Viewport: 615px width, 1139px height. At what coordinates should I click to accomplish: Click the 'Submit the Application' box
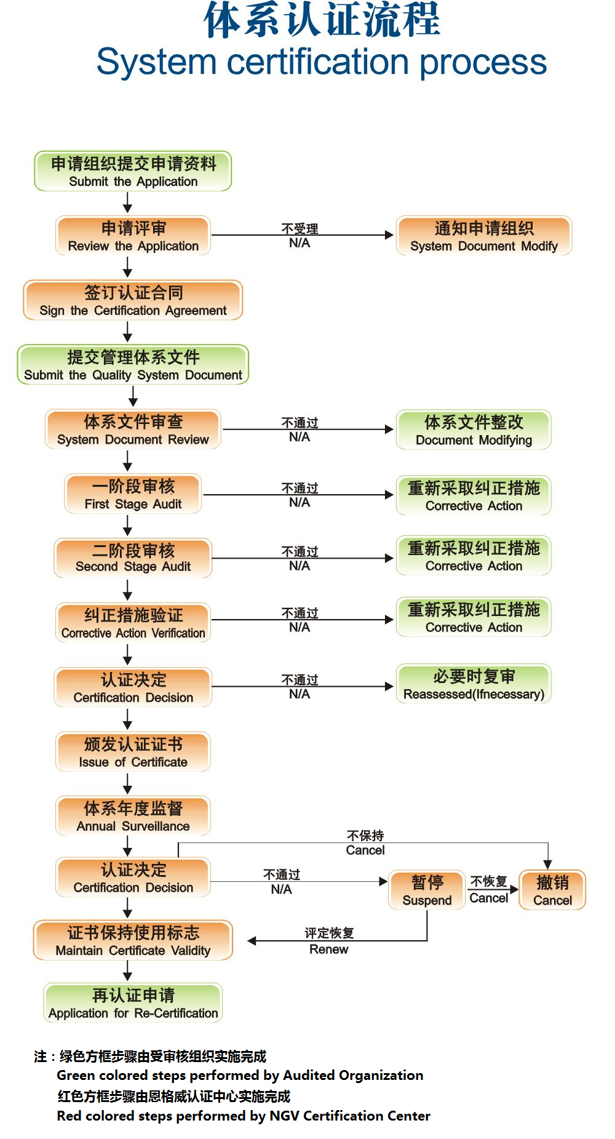(x=133, y=172)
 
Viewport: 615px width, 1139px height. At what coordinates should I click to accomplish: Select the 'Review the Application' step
(x=133, y=236)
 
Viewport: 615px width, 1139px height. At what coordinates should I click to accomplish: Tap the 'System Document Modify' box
(x=484, y=236)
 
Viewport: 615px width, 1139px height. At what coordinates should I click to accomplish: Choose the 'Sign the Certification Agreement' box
(x=133, y=301)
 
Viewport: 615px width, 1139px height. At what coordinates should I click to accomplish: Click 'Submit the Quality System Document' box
(x=133, y=366)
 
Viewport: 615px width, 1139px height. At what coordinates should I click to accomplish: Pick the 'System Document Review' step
(x=133, y=430)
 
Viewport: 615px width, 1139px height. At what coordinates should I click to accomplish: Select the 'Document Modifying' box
(x=474, y=430)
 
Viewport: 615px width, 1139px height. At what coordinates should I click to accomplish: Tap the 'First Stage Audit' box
(x=133, y=494)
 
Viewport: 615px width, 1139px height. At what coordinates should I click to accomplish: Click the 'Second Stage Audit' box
(x=133, y=558)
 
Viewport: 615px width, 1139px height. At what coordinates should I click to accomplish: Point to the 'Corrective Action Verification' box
(x=133, y=623)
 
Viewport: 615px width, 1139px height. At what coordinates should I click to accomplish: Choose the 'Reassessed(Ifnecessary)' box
(x=474, y=684)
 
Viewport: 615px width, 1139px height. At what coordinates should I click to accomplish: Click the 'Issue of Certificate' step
(x=133, y=752)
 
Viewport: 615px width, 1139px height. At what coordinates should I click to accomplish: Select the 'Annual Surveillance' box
(x=133, y=816)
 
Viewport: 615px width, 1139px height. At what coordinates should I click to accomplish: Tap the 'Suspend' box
(x=427, y=890)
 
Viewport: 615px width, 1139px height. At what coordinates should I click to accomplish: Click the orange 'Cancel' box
(x=552, y=890)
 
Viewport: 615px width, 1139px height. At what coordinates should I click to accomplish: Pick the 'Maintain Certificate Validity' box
(x=133, y=941)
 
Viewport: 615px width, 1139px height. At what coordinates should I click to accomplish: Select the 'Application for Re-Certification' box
(x=133, y=1004)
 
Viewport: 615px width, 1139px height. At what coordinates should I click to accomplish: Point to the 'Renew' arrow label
(x=329, y=949)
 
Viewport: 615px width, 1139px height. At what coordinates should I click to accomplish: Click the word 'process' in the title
(x=483, y=63)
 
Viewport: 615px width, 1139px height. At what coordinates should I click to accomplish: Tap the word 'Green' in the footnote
(x=76, y=1076)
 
